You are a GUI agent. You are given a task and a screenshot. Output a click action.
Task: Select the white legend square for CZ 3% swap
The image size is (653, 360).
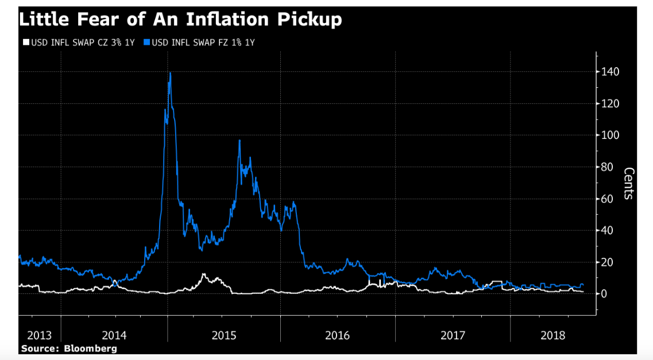pos(25,42)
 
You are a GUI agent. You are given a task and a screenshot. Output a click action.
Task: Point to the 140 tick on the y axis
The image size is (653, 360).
pos(609,72)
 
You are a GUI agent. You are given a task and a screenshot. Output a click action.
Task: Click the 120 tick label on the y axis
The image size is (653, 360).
pos(609,104)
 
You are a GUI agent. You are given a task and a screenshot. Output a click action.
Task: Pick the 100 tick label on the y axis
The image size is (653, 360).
pos(609,136)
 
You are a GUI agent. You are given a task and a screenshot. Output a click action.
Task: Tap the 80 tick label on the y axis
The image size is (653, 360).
pos(607,167)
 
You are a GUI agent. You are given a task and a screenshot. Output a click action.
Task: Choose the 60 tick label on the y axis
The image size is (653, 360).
pos(607,199)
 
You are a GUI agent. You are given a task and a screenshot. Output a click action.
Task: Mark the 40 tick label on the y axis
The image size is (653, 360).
pos(607,230)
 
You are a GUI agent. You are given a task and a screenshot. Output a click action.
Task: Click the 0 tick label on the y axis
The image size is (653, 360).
pos(605,293)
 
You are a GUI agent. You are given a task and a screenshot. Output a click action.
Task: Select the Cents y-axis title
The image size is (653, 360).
pos(628,183)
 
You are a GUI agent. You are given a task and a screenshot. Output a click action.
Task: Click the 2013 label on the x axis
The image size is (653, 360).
pos(39,335)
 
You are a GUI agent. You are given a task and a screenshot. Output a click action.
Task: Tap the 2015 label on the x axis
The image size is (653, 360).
pos(223,335)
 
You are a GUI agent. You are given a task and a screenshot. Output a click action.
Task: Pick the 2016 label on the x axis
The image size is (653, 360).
pos(337,335)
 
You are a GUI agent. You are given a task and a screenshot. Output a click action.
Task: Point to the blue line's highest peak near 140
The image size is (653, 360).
pos(170,73)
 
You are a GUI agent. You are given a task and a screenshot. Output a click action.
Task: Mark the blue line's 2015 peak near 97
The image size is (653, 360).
pos(239,141)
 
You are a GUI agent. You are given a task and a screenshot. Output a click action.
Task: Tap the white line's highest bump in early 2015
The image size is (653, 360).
pos(204,274)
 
